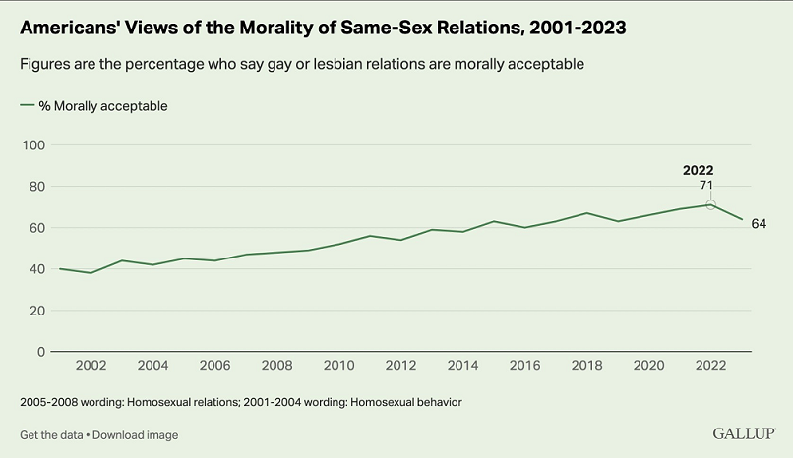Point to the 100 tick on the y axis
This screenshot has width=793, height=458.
point(34,145)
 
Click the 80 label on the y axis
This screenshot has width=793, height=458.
point(37,187)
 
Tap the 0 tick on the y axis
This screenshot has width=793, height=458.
point(41,352)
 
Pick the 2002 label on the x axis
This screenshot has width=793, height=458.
point(91,366)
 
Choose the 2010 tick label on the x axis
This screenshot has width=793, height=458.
point(338,366)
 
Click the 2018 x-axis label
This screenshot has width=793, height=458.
point(586,366)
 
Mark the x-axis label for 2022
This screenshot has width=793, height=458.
point(710,366)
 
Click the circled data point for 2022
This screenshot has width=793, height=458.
point(710,204)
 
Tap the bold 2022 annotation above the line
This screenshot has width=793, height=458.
point(698,169)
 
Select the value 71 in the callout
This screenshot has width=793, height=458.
point(705,185)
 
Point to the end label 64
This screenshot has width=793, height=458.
point(758,224)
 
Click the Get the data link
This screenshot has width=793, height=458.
point(50,434)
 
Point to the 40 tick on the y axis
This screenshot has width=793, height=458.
point(37,269)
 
